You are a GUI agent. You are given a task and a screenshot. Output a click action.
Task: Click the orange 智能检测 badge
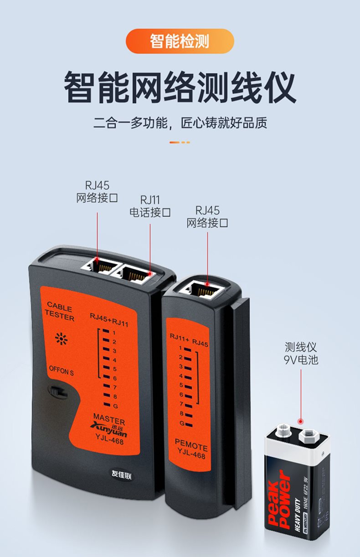pos(180,41)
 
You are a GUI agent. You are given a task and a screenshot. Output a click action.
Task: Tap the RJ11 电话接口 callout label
pos(150,206)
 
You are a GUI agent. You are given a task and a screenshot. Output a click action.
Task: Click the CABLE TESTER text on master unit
pos(59,312)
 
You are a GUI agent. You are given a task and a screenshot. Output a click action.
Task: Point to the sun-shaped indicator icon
pos(61,338)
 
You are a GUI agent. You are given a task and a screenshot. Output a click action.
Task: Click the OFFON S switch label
pos(61,371)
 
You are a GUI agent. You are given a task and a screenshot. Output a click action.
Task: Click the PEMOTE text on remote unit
pos(191,447)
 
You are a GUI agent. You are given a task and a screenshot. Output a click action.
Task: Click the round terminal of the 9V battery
pos(282,430)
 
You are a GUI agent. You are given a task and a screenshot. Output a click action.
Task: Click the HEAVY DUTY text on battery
pos(298,514)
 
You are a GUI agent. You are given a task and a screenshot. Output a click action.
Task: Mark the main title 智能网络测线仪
pos(180,86)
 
